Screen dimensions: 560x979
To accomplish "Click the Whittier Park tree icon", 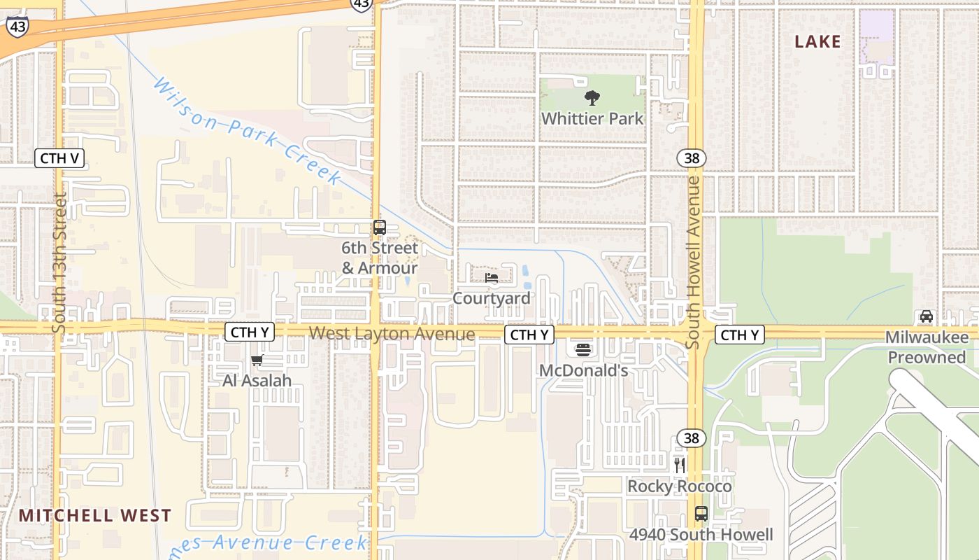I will click(592, 98).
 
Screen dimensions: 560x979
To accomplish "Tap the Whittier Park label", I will click(592, 118).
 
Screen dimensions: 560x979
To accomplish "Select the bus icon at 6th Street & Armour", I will click(380, 227).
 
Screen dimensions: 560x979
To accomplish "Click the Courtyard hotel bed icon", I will click(492, 278).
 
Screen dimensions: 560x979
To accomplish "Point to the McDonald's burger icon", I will click(583, 350).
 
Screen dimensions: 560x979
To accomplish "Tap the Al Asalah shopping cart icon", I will click(257, 360).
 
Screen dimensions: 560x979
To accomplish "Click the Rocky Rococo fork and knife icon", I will click(679, 465).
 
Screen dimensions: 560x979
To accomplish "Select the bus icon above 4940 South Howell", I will click(701, 514).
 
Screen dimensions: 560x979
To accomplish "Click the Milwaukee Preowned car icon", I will click(927, 316).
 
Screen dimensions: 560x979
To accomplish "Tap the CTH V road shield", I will click(59, 157).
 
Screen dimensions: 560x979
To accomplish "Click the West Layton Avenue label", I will click(392, 334).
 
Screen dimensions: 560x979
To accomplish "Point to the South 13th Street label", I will click(59, 262).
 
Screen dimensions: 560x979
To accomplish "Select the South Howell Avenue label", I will click(693, 262).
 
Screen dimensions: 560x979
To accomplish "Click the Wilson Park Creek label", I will click(248, 132).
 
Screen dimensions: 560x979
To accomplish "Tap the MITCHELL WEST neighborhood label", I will click(94, 516).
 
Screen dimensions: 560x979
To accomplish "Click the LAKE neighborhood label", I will click(817, 42).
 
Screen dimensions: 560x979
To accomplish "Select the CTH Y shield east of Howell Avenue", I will click(740, 335).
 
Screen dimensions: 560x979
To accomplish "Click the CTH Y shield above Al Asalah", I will click(250, 332).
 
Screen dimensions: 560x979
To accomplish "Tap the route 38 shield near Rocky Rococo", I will click(691, 438).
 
